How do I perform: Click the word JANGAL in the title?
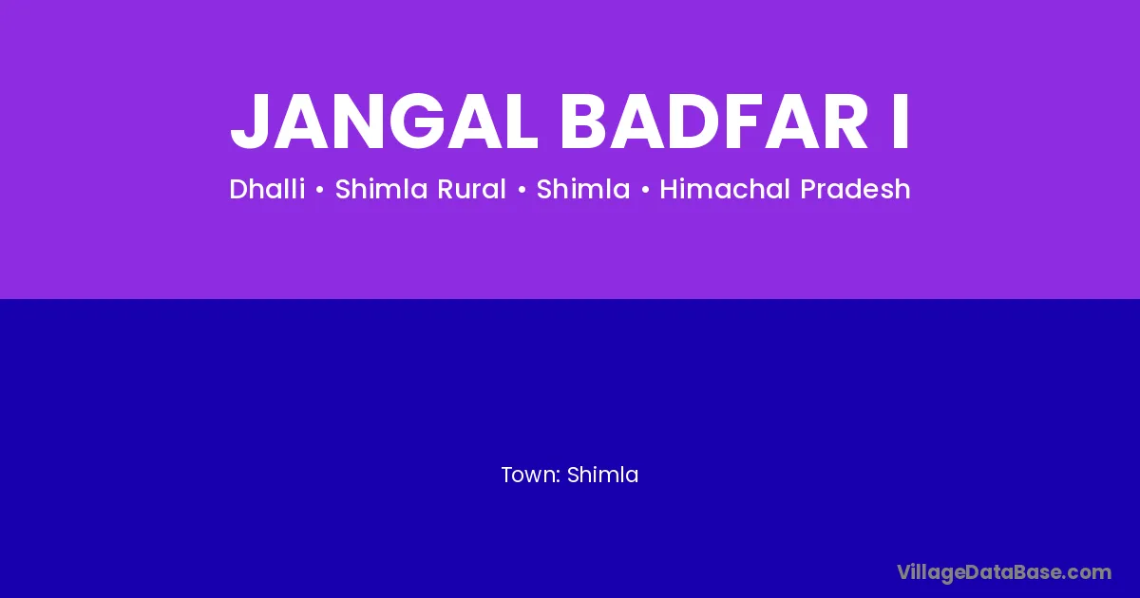(x=384, y=121)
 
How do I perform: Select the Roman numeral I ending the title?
(x=901, y=121)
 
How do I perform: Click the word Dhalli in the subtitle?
(x=267, y=189)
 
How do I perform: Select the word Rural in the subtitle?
(x=471, y=189)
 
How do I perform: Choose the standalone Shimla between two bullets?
(x=583, y=189)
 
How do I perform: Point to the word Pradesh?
(x=855, y=189)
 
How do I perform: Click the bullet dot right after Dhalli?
(x=320, y=190)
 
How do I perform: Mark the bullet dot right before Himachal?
(x=645, y=190)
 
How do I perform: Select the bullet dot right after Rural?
(x=522, y=190)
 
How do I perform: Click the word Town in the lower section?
(x=529, y=475)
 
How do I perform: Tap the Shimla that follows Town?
(x=602, y=475)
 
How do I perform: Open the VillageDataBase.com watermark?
(x=1004, y=573)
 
